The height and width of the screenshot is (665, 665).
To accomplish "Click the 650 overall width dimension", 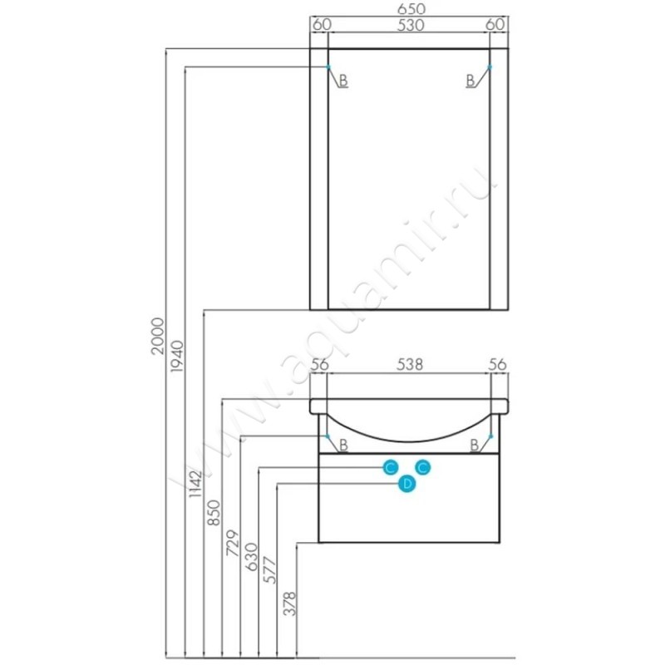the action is click(411, 9).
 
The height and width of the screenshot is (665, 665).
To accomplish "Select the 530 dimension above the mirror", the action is click(411, 26).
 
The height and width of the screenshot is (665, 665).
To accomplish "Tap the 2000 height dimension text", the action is click(158, 337).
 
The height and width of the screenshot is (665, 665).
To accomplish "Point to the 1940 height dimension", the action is click(176, 357).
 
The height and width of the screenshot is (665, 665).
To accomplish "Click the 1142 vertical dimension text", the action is click(195, 484).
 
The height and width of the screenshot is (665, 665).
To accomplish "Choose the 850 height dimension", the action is click(214, 513).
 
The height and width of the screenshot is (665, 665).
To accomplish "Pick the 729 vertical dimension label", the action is click(233, 543).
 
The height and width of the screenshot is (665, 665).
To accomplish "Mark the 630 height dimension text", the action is click(252, 556).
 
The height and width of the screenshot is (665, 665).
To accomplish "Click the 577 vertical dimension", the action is click(270, 571).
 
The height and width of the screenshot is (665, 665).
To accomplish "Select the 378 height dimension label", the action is click(289, 603).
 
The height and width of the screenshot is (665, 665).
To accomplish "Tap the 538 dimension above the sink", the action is click(410, 364).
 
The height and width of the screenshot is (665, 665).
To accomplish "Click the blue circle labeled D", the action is click(406, 484).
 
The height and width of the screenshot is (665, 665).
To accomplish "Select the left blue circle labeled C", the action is click(390, 468).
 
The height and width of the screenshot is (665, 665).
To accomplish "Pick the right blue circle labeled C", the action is click(423, 468).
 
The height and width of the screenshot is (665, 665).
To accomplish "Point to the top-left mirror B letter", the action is click(343, 80).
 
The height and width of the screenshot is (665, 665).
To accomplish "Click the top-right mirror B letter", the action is click(470, 80).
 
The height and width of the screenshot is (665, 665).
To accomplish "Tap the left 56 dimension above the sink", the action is click(320, 364).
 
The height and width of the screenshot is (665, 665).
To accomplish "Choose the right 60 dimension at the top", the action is click(495, 25).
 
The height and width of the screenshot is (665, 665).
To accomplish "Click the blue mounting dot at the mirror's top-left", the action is click(328, 67).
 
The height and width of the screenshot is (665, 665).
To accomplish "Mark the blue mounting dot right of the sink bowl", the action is click(490, 436).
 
